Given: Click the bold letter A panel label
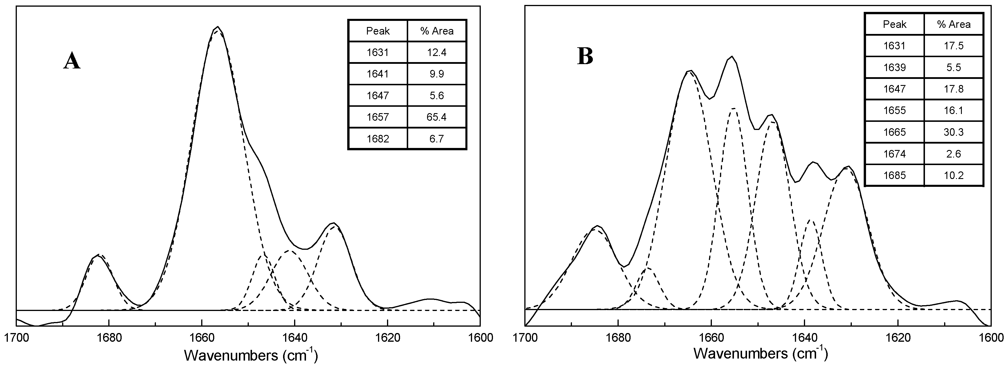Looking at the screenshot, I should pyautogui.click(x=72, y=62).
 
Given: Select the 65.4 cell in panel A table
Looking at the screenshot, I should pyautogui.click(x=436, y=117).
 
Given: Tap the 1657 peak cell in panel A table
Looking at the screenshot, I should pyautogui.click(x=378, y=117).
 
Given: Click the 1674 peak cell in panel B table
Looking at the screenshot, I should pyautogui.click(x=894, y=154).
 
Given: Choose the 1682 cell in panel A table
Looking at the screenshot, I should pyautogui.click(x=378, y=139).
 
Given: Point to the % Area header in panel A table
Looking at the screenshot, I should pyautogui.click(x=437, y=31).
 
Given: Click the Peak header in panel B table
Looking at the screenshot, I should pyautogui.click(x=894, y=25).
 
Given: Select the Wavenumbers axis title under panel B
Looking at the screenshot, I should pyautogui.click(x=761, y=354).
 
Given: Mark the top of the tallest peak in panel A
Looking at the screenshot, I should pyautogui.click(x=217, y=27).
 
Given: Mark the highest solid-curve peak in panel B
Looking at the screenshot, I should pyautogui.click(x=731, y=57).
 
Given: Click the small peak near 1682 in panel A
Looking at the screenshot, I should pyautogui.click(x=98, y=255).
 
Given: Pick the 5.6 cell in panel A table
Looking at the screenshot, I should pyautogui.click(x=436, y=96).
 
